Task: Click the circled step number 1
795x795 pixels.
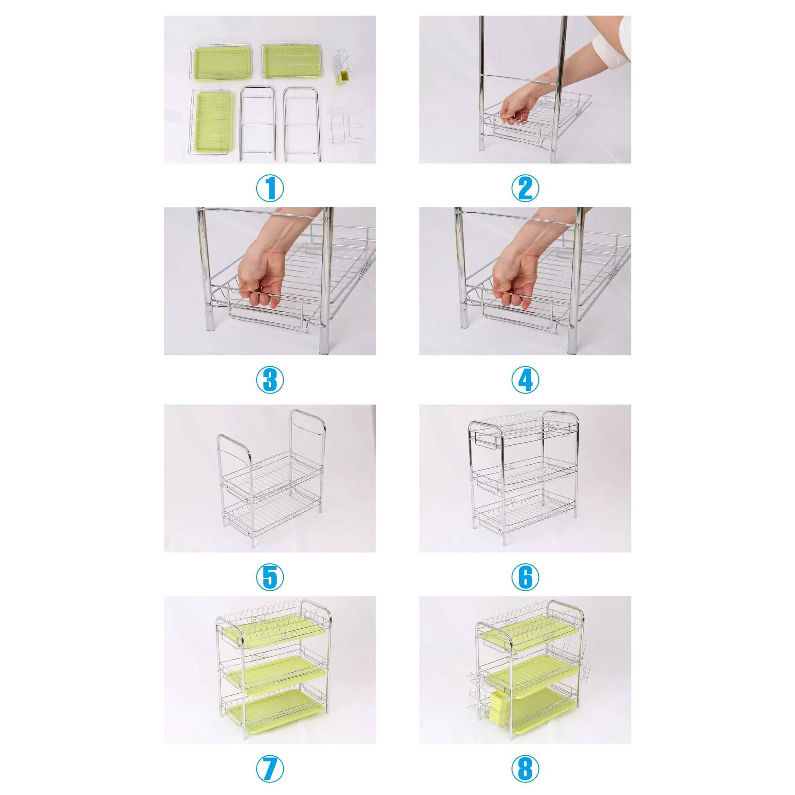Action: pyautogui.click(x=270, y=189)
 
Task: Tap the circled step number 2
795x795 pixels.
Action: pyautogui.click(x=525, y=189)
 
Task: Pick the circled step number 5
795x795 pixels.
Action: pyautogui.click(x=270, y=577)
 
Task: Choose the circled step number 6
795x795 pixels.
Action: pyautogui.click(x=525, y=577)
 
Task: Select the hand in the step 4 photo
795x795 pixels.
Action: pyautogui.click(x=510, y=284)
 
